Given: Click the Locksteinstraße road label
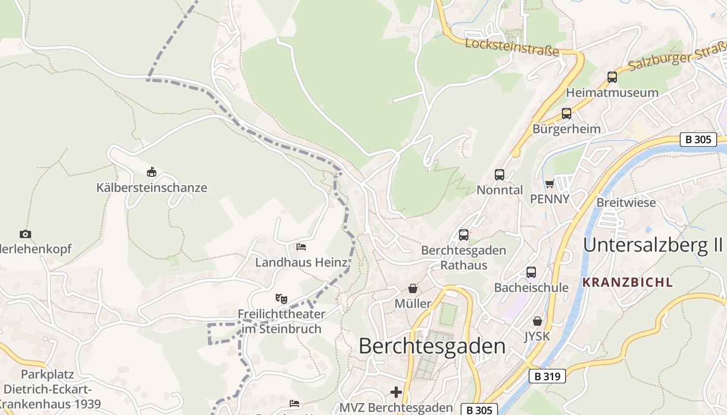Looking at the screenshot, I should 511,47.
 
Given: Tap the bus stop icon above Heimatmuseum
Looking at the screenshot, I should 612,77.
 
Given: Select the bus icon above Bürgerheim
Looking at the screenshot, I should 566,114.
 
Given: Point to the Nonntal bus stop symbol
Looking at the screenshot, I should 500,175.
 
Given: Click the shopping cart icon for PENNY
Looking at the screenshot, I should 550,184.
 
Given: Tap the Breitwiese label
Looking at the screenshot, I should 626,202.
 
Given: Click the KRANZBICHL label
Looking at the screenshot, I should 627,283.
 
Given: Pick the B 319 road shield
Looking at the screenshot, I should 547,376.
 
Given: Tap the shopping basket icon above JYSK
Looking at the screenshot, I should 537,322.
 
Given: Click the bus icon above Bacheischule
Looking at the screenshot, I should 531,272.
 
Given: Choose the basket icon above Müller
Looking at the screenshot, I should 413,288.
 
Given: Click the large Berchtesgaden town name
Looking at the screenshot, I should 432,346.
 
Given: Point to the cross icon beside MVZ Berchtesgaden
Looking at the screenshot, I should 396,392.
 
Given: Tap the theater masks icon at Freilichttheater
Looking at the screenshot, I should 281,299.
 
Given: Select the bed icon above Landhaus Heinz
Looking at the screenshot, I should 301,247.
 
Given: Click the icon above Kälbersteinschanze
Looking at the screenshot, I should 152,172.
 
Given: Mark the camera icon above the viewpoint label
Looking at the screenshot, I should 25,234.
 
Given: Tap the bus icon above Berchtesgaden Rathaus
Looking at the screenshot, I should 464,235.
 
